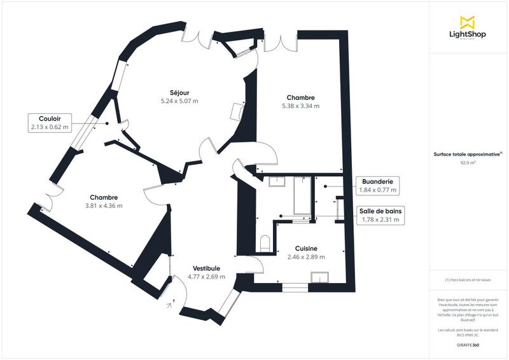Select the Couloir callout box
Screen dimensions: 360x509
(x=49, y=123)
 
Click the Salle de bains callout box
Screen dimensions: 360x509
(x=380, y=216)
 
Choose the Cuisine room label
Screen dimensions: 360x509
(x=306, y=249)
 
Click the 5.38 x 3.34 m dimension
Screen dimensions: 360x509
(x=300, y=106)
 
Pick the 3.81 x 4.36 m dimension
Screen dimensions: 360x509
(x=104, y=205)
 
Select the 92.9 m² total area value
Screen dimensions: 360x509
(x=468, y=163)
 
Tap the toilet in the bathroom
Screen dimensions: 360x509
(x=266, y=242)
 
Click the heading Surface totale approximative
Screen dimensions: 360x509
(x=467, y=154)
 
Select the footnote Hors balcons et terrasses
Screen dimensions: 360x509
(x=469, y=280)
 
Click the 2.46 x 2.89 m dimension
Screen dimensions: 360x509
(x=306, y=257)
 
